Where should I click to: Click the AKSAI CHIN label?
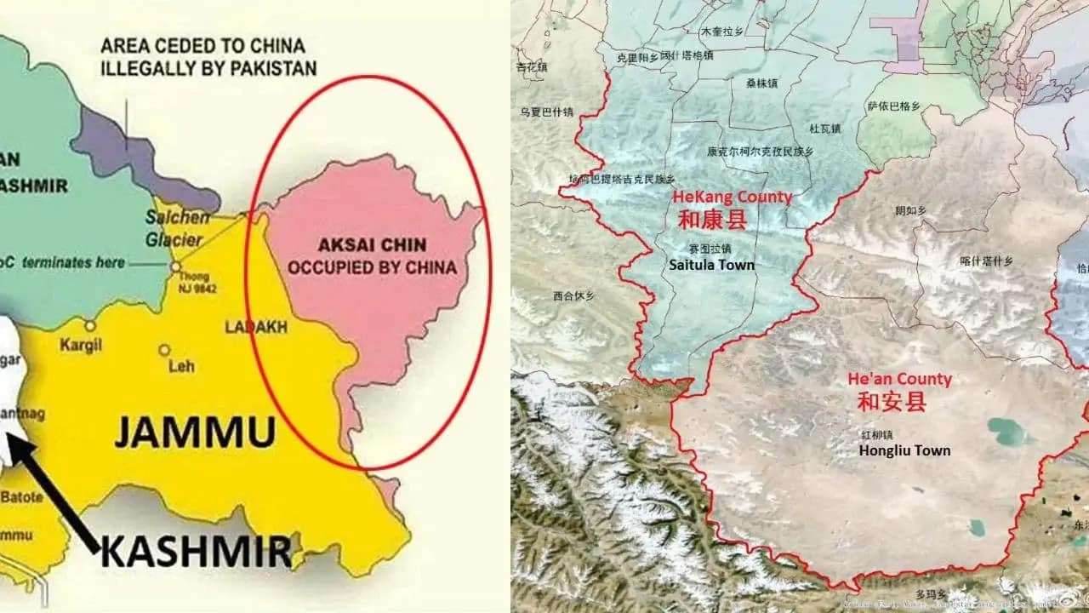point(368,245)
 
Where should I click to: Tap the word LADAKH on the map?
point(255,326)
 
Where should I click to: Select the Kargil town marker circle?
point(89,325)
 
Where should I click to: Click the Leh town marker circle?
point(164,350)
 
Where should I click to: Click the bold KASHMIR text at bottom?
point(196,553)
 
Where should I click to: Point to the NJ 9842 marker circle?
point(174,266)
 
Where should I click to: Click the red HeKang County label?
point(732,198)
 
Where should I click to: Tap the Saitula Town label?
point(711,265)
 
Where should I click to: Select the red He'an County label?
point(899,380)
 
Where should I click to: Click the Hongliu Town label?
point(904,450)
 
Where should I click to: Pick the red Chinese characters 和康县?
point(712,220)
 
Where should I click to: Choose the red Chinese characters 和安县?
point(891,402)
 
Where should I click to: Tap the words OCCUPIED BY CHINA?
point(372,267)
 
